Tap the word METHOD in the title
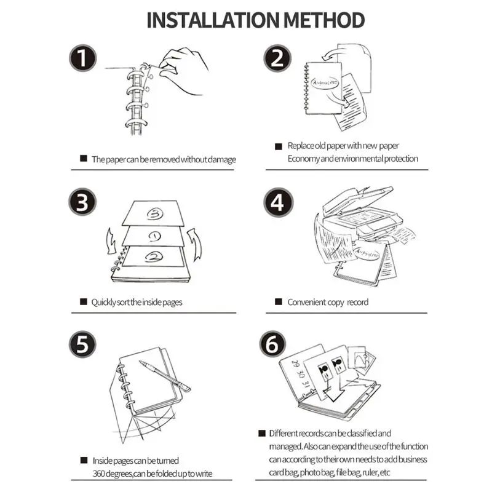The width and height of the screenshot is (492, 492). tap(324, 20)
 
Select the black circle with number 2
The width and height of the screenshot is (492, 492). tap(278, 60)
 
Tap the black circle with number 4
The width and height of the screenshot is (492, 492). tap(278, 202)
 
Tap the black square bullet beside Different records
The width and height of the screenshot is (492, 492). tap(262, 433)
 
